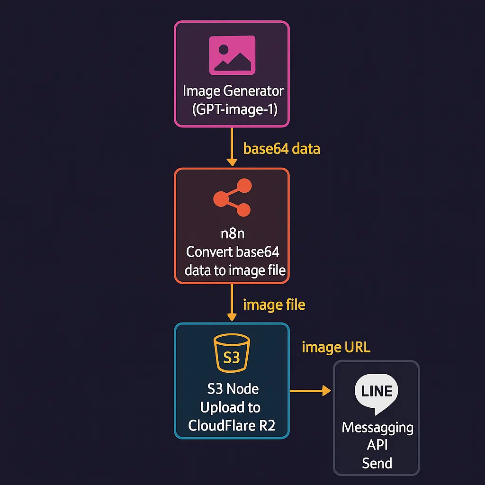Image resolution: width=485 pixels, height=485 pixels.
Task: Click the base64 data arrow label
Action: click(x=281, y=149)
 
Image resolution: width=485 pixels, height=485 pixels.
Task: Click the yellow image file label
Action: click(x=274, y=305)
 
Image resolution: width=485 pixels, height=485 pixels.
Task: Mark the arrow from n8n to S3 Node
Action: click(x=232, y=303)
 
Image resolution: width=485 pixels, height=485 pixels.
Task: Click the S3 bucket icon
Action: click(x=232, y=354)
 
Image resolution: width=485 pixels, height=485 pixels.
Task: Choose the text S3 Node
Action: click(x=233, y=389)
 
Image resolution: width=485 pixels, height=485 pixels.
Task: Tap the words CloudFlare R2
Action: click(x=232, y=425)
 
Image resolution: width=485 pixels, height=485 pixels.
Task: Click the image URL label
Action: click(x=336, y=348)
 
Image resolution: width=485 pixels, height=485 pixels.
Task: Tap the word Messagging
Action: click(x=377, y=428)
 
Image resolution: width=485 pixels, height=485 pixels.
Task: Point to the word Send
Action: click(x=377, y=463)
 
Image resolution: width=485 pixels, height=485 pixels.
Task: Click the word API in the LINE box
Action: click(x=377, y=445)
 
